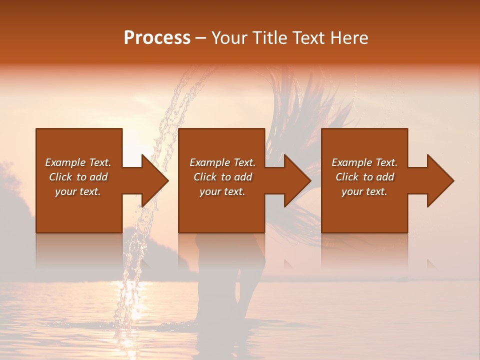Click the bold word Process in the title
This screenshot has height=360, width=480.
click(x=157, y=38)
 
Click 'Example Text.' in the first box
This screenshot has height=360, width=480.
click(x=78, y=162)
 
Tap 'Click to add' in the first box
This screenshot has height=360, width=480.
click(x=78, y=177)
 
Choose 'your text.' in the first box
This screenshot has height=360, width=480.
click(x=78, y=191)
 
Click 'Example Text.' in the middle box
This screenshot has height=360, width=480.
click(x=222, y=162)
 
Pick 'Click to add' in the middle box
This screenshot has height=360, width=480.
click(x=222, y=177)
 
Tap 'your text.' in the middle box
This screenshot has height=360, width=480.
click(x=222, y=191)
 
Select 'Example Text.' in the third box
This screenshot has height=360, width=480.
click(x=364, y=162)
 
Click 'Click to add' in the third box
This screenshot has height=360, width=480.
click(x=364, y=177)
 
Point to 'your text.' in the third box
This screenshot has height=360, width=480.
click(x=364, y=191)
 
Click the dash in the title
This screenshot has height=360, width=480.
click(x=200, y=38)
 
